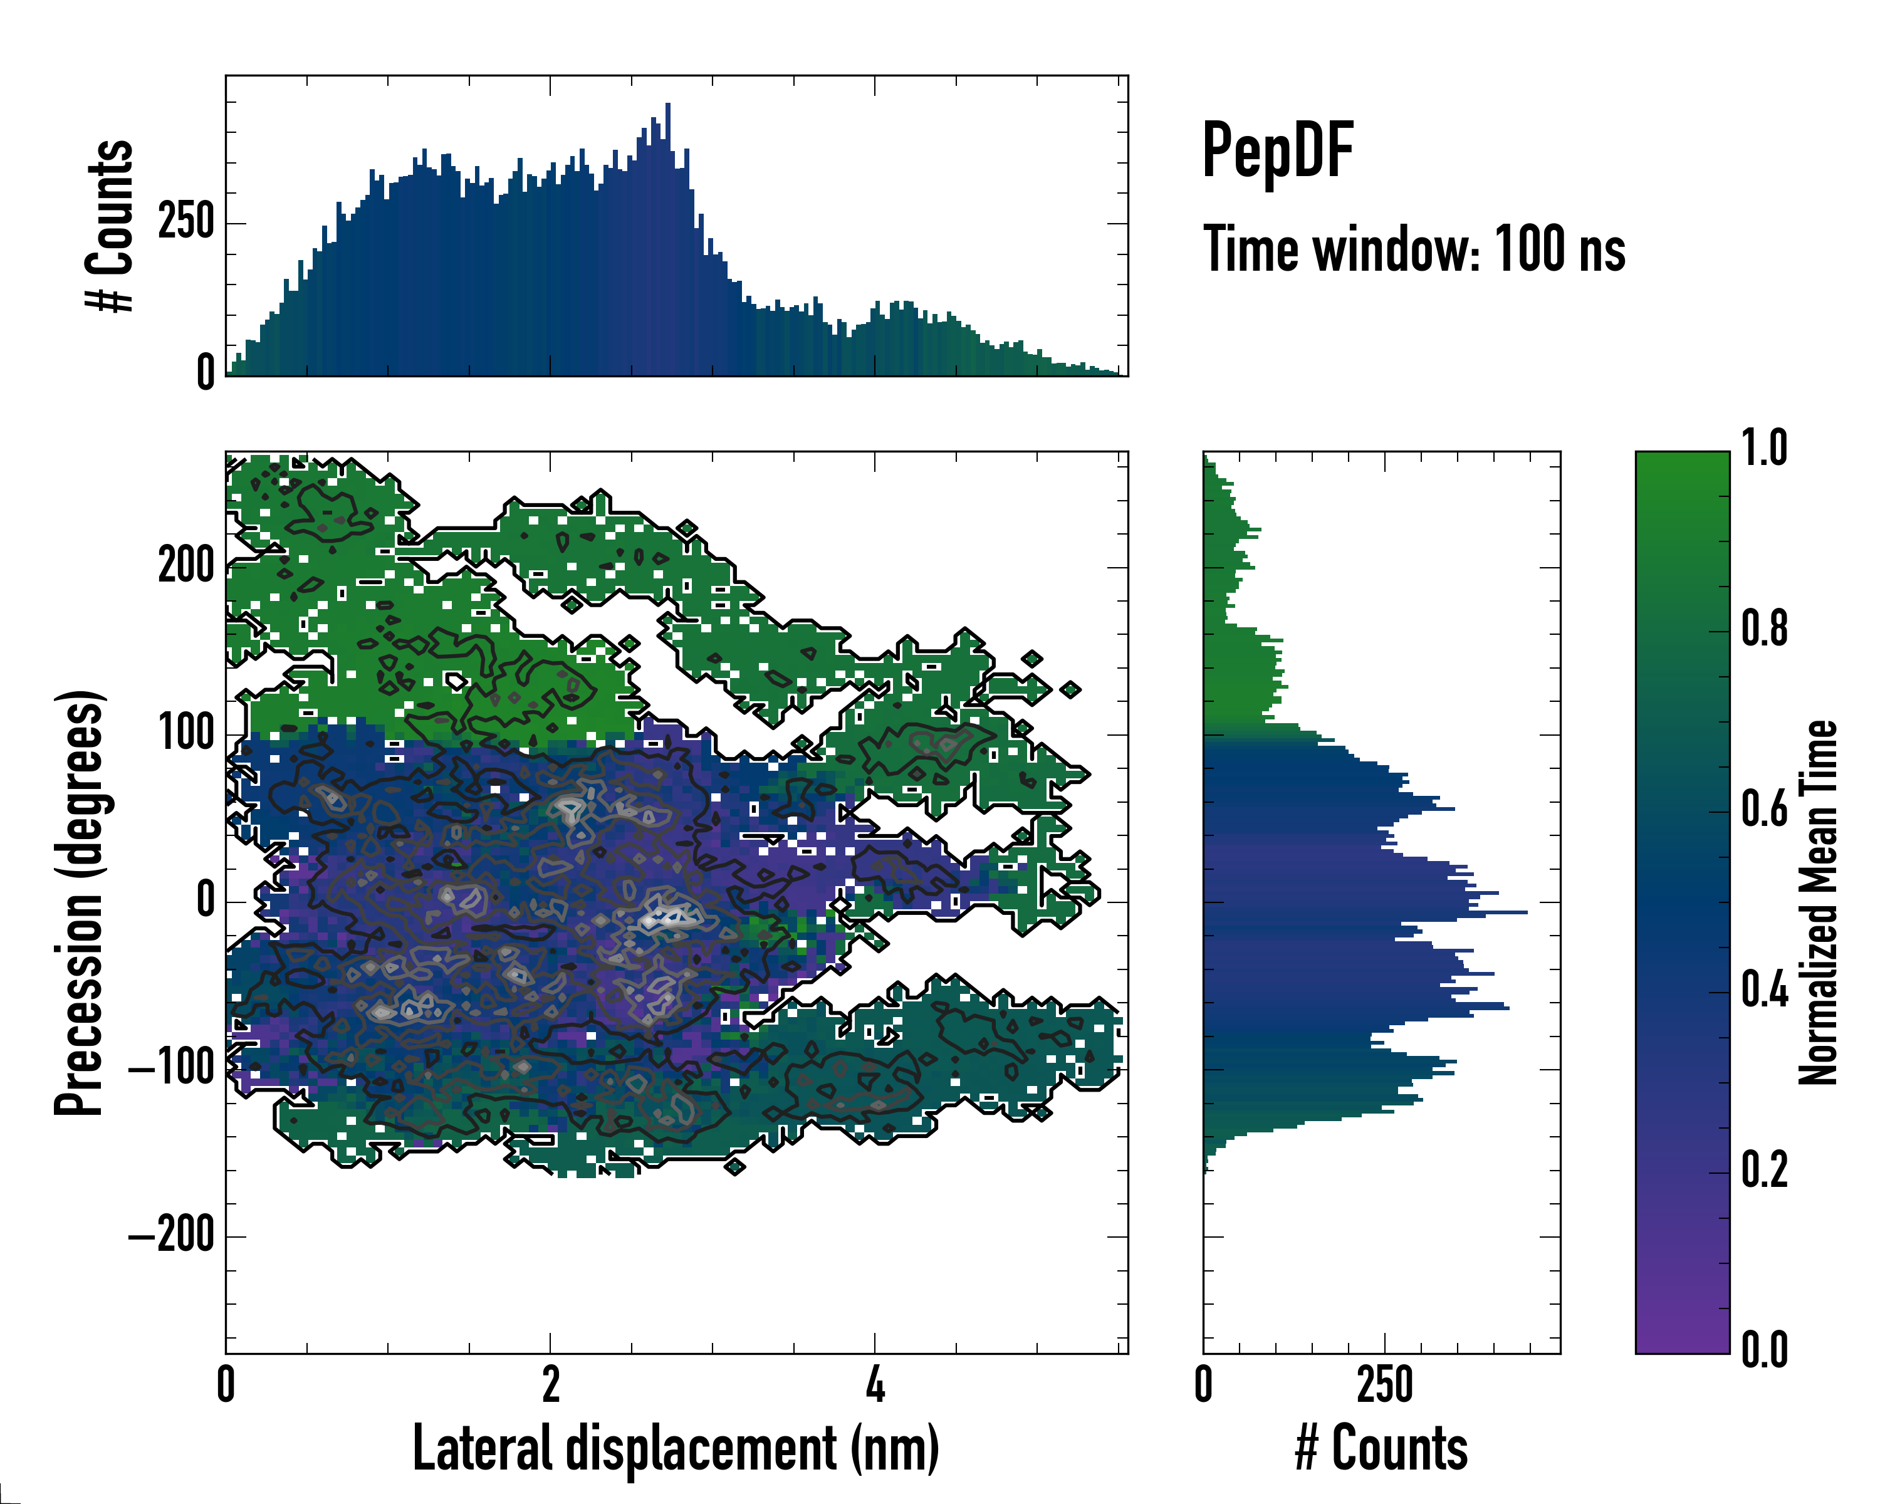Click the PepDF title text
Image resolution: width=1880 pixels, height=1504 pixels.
point(1277,151)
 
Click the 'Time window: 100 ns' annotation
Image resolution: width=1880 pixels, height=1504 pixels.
point(1414,249)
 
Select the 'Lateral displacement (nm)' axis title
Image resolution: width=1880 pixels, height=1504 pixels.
point(676,1448)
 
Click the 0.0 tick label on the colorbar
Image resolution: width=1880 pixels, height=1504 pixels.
point(1764,1350)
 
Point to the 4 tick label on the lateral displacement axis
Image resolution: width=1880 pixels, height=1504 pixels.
point(875,1384)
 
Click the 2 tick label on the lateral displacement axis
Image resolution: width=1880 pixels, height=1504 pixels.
point(550,1384)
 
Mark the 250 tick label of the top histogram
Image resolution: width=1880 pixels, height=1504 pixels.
point(187,222)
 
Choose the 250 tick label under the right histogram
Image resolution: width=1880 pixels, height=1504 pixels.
point(1385,1384)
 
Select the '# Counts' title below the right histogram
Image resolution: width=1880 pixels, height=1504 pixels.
point(1381,1448)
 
